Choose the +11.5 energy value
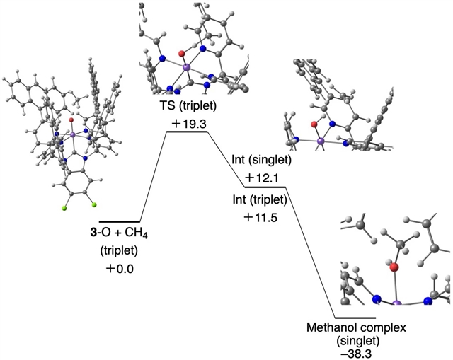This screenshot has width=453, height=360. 260,217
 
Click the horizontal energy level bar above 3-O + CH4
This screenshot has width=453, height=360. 120,221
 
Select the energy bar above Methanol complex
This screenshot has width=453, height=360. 354,318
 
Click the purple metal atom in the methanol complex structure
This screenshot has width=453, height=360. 396,303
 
